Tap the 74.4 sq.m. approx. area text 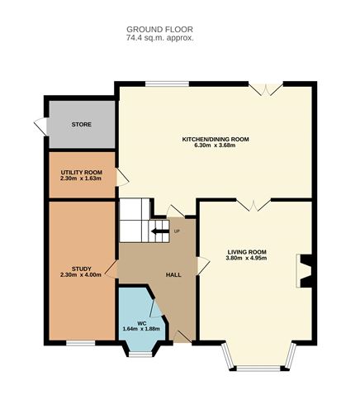[159, 38]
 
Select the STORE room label [81, 125]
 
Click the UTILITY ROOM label [81, 171]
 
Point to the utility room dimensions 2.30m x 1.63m [81, 178]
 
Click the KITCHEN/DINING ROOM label [215, 139]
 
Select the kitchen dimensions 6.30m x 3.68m [215, 146]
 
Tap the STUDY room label [81, 268]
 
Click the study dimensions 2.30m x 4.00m [81, 274]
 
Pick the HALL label [174, 274]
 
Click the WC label [141, 322]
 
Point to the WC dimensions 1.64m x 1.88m [141, 329]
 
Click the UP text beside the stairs [176, 231]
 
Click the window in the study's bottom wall [80, 341]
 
